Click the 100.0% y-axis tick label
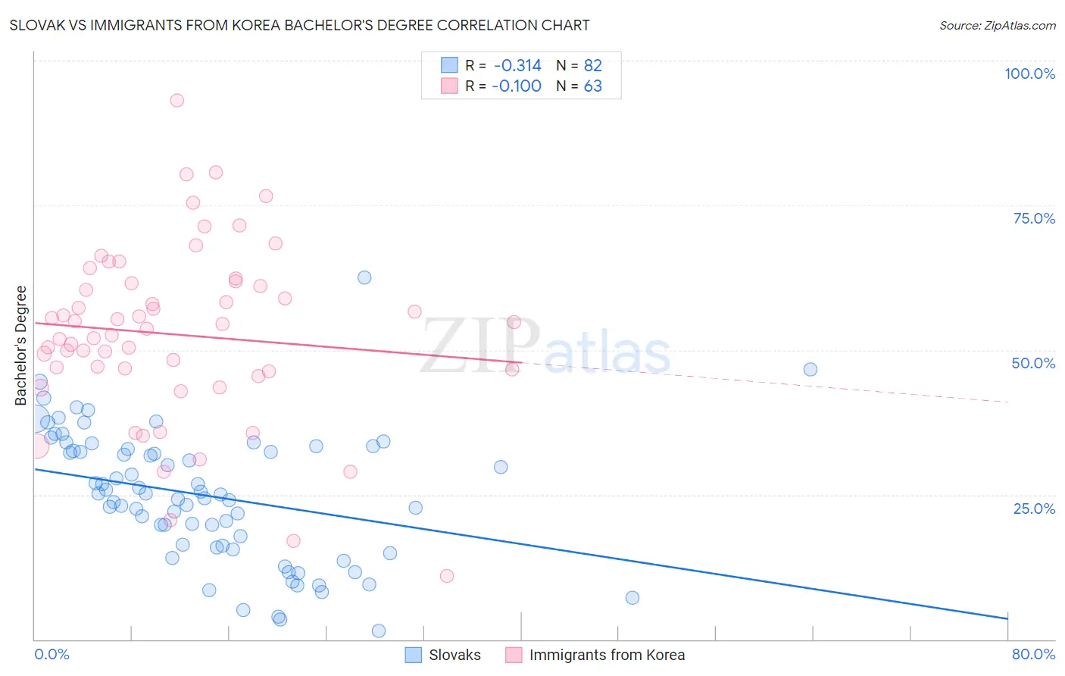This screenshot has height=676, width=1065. (x=1029, y=74)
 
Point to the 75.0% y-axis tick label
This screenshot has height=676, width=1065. (x=1034, y=218)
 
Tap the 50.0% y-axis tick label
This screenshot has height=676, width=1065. (x=1033, y=363)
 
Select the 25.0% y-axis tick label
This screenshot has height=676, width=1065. (x=1034, y=508)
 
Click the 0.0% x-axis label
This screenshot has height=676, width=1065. (x=52, y=654)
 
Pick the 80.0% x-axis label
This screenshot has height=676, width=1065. (x=1033, y=654)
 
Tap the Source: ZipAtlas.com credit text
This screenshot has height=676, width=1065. (x=997, y=25)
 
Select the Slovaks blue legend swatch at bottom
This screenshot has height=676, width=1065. (x=413, y=655)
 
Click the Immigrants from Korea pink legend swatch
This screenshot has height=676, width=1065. (x=514, y=655)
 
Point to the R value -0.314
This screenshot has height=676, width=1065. (x=517, y=65)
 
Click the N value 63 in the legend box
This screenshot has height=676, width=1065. (x=592, y=86)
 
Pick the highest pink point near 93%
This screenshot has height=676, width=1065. (x=177, y=100)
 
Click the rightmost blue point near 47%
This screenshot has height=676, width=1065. (x=810, y=369)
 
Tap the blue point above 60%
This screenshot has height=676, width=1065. (x=364, y=277)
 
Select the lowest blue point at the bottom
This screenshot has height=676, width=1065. (x=379, y=631)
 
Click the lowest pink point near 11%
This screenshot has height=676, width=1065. (x=447, y=576)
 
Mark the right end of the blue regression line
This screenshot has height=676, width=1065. (x=1008, y=619)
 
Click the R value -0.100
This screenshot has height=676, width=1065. (x=517, y=86)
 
